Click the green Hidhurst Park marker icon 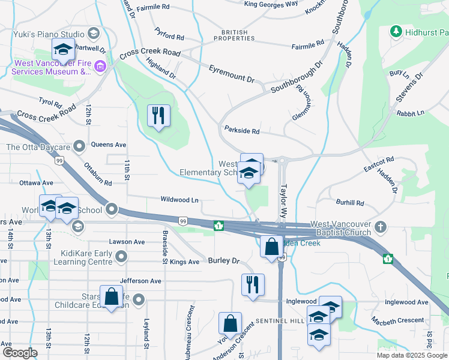point(396,31)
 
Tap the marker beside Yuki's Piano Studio point(93,32)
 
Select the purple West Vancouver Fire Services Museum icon point(100,66)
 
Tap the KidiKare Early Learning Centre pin point(122,257)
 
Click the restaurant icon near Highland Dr point(159,115)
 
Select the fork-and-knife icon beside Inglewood point(253,284)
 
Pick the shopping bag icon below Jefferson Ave point(111,296)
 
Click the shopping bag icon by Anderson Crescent point(230,323)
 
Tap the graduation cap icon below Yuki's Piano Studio point(62,50)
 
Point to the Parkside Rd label point(241,130)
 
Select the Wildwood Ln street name point(179,199)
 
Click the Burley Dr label point(224,260)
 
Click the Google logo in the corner point(20,353)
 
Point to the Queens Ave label point(109,145)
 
